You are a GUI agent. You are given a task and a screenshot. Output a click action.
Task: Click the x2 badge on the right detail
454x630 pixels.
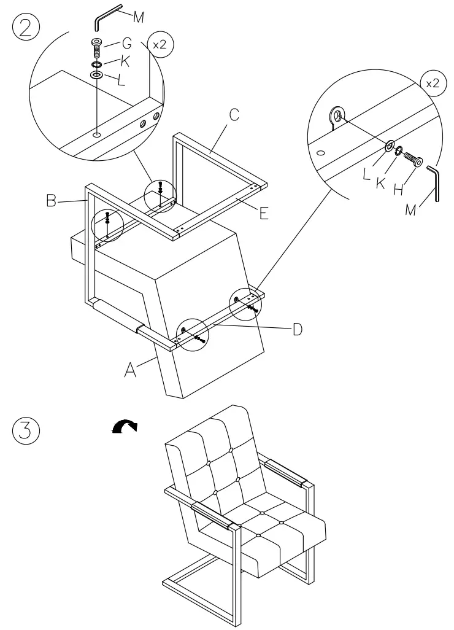coord(432,84)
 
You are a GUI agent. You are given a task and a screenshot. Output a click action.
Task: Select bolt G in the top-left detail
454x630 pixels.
coord(97,47)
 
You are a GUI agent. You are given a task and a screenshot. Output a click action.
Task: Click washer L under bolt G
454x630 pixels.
coord(97,74)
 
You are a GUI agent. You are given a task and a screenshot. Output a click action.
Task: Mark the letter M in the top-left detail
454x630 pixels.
coord(138,17)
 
